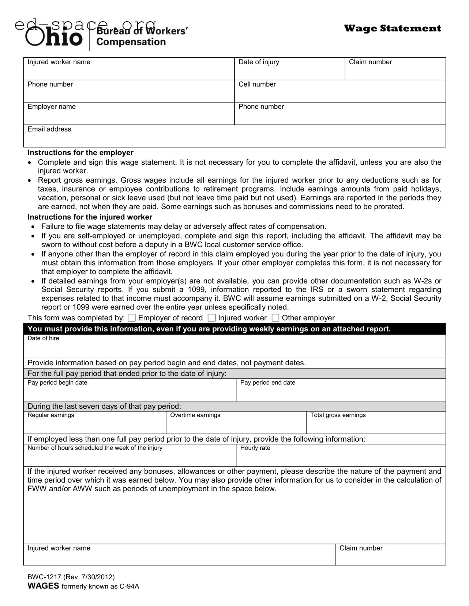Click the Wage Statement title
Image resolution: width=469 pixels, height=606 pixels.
[392, 28]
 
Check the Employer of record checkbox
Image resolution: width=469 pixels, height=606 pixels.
[132, 318]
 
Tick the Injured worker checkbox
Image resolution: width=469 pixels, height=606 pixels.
[212, 318]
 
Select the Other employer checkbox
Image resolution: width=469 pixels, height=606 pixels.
[275, 318]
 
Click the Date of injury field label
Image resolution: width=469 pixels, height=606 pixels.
[259, 62]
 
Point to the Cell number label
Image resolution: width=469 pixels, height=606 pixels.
[257, 84]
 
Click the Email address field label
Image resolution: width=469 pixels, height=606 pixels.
[49, 129]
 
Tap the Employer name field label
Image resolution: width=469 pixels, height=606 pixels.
[52, 107]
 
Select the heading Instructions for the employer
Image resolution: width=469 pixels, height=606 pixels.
[80, 153]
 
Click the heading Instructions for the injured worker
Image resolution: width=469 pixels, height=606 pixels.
[90, 217]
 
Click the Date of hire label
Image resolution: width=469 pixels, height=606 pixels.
[43, 338]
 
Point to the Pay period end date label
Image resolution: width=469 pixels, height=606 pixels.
[267, 382]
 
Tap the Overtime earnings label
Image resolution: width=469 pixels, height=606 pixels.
[195, 415]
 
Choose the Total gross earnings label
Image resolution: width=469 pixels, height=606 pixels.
[338, 415]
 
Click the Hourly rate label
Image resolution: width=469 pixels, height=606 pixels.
[255, 448]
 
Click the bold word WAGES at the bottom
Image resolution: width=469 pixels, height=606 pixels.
[43, 586]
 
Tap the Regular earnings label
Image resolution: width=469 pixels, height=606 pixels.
[50, 415]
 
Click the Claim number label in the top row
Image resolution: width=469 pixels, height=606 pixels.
[370, 62]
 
